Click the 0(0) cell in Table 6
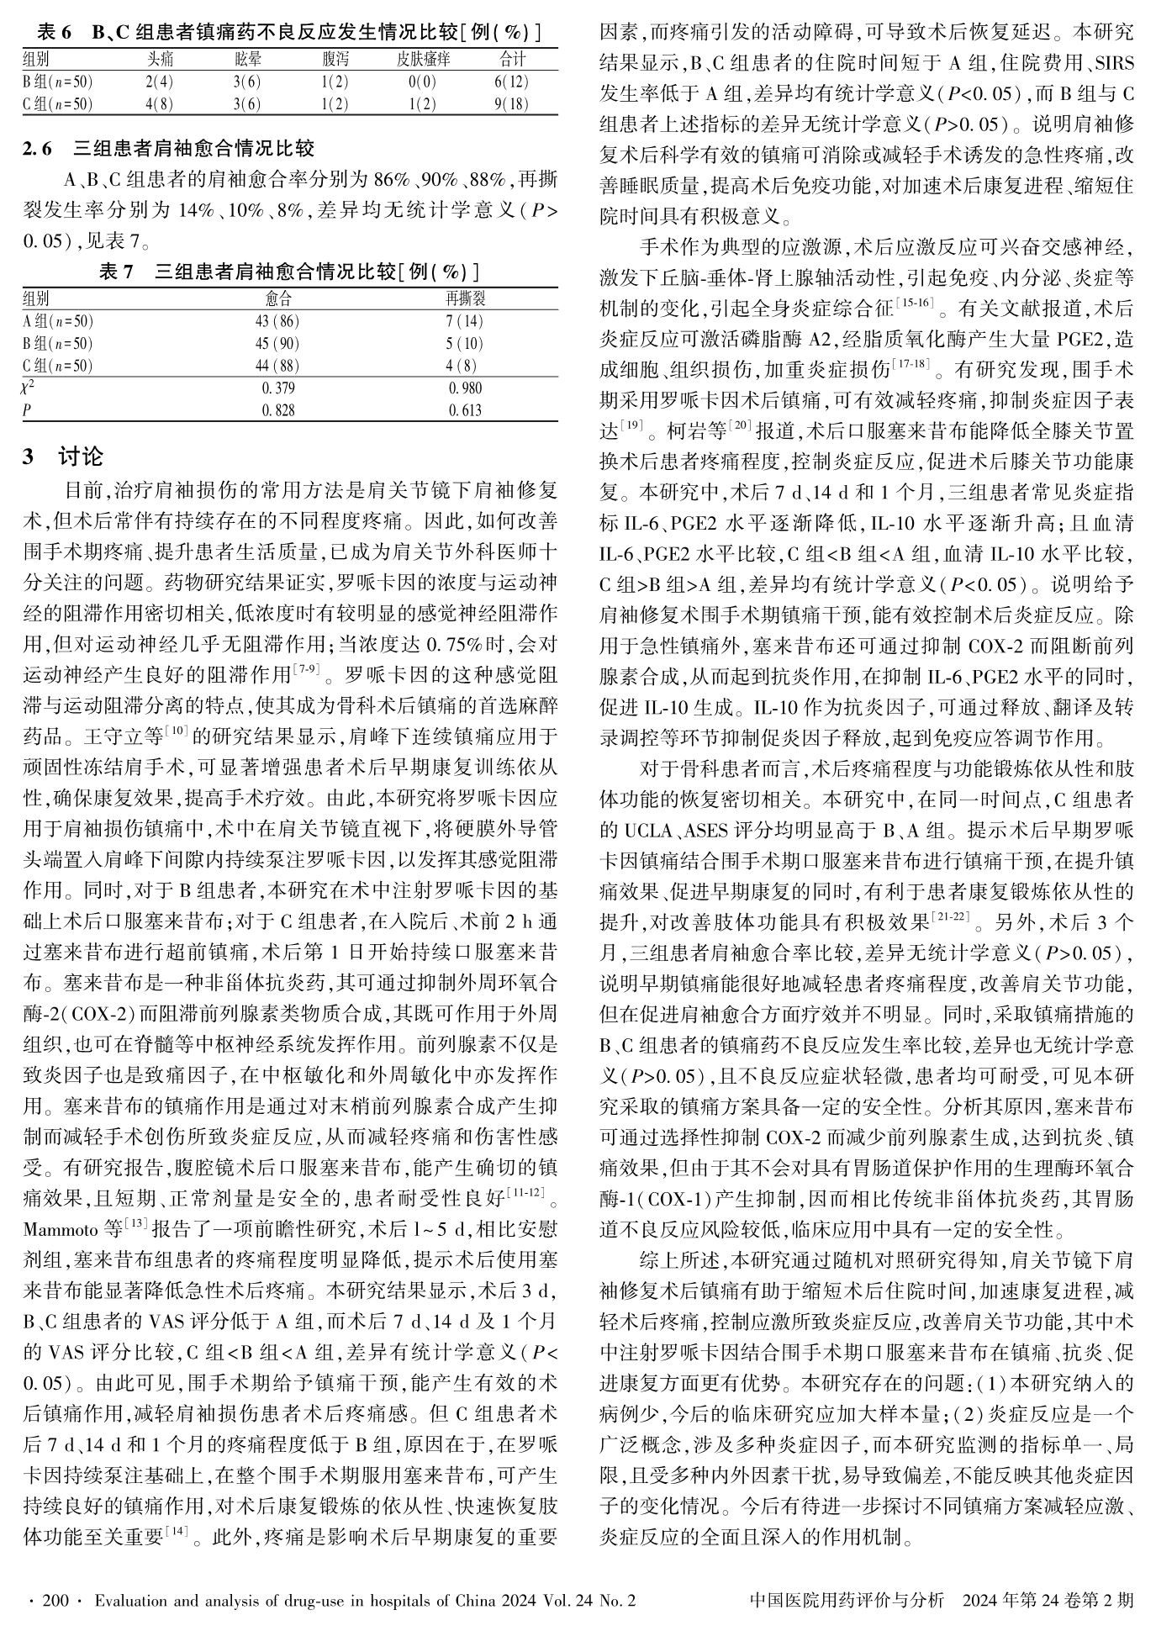[x=422, y=82]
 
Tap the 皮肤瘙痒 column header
[x=424, y=59]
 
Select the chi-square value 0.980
[x=465, y=388]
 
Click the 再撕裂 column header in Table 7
[x=465, y=298]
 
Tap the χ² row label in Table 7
[x=29, y=388]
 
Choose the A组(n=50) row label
[x=58, y=321]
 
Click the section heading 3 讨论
[x=63, y=457]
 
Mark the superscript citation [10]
[x=177, y=731]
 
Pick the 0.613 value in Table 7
[x=465, y=410]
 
